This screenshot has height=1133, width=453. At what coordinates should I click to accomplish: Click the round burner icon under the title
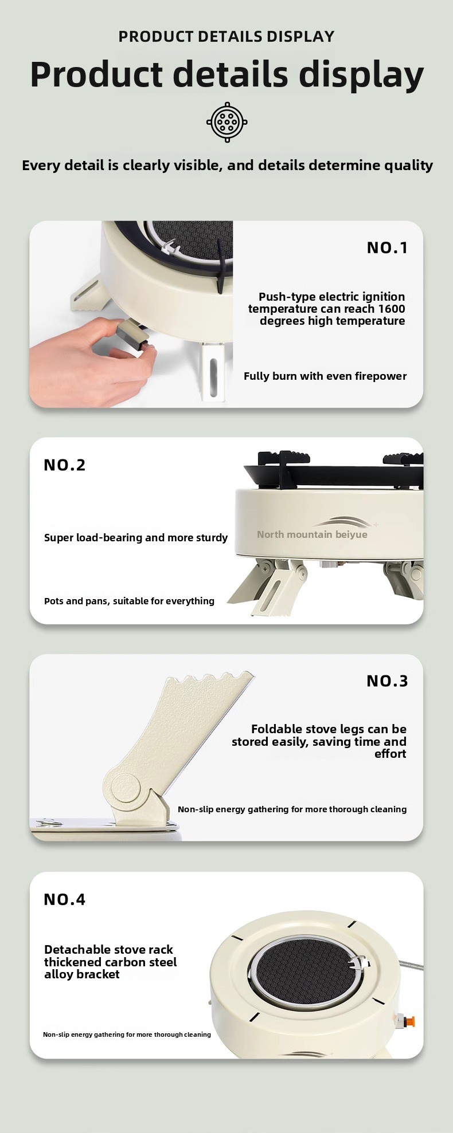(226, 122)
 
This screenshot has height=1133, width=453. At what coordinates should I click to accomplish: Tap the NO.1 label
(387, 247)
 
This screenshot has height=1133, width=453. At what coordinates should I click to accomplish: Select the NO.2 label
(65, 465)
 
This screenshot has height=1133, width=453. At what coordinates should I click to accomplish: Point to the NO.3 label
(387, 680)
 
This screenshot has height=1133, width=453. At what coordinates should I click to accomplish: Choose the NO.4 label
(65, 899)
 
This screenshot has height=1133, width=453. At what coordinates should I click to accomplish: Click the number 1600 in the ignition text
(392, 309)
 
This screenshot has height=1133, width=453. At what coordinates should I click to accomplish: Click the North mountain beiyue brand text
(312, 534)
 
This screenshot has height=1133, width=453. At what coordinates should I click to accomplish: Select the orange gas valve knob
(408, 1021)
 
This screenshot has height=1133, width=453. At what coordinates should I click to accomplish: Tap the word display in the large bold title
(361, 75)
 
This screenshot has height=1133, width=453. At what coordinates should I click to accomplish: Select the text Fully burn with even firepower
(325, 376)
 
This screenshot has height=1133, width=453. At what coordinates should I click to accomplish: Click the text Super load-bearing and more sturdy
(136, 538)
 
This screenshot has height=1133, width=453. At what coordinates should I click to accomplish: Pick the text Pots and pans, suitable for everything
(129, 601)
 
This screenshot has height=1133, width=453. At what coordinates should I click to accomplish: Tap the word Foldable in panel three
(277, 729)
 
